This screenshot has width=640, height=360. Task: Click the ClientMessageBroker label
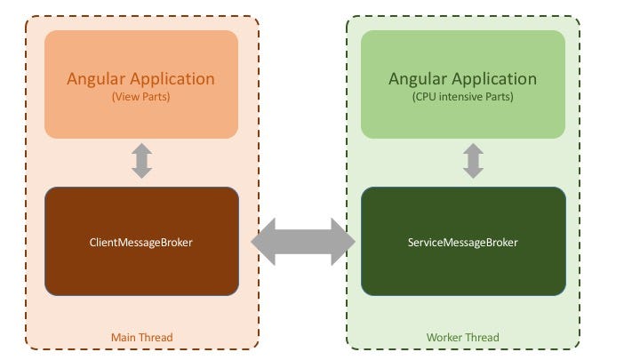click(x=141, y=242)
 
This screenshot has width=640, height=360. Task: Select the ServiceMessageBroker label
click(x=462, y=242)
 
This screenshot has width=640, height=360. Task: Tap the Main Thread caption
click(x=141, y=338)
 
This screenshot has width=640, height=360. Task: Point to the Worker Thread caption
click(x=462, y=338)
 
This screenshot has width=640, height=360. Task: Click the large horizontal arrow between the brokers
click(x=303, y=242)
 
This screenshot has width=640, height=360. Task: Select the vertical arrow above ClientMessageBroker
click(x=141, y=161)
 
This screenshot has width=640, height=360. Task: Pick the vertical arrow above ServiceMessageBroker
click(x=473, y=161)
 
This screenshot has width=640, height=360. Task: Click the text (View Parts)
click(x=141, y=97)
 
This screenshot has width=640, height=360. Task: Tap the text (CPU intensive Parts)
click(x=462, y=97)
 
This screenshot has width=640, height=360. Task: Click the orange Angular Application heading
click(x=141, y=78)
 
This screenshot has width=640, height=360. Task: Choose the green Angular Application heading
click(x=462, y=78)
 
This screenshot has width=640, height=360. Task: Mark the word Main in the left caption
click(x=124, y=338)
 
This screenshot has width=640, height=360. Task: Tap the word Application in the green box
click(x=493, y=78)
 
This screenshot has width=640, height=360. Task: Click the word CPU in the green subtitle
click(x=425, y=97)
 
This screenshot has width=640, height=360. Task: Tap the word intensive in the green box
click(x=458, y=97)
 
